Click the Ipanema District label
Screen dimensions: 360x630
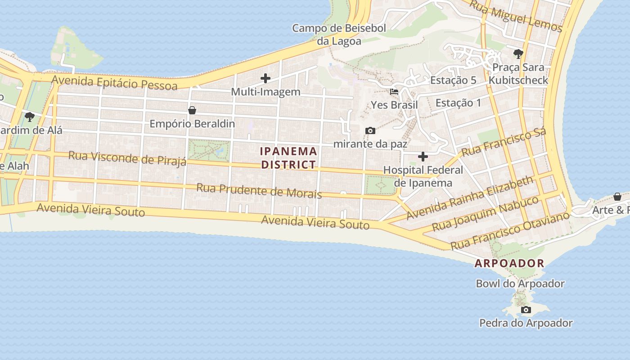pyautogui.click(x=288, y=158)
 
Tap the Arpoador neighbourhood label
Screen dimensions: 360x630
pyautogui.click(x=509, y=263)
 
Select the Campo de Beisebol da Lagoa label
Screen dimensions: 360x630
pyautogui.click(x=339, y=35)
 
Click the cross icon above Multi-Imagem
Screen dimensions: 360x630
pyautogui.click(x=265, y=78)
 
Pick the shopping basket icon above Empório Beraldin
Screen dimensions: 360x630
pyautogui.click(x=192, y=110)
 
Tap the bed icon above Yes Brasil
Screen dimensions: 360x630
pyautogui.click(x=394, y=92)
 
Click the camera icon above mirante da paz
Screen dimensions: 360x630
pyautogui.click(x=370, y=131)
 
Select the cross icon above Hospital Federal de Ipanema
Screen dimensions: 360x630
pyautogui.click(x=423, y=157)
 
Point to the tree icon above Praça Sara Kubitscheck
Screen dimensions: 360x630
pyautogui.click(x=518, y=54)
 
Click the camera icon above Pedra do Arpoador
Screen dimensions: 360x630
pyautogui.click(x=526, y=310)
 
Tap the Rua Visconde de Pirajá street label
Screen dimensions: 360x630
pyautogui.click(x=127, y=158)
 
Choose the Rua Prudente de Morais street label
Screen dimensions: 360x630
pyautogui.click(x=259, y=191)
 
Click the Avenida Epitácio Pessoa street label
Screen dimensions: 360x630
pyautogui.click(x=114, y=83)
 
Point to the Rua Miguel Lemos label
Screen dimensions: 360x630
pyautogui.click(x=516, y=16)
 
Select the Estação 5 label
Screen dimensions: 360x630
pyautogui.click(x=453, y=80)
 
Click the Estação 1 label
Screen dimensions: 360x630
pyautogui.click(x=458, y=103)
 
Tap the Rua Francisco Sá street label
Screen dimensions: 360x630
pyautogui.click(x=504, y=142)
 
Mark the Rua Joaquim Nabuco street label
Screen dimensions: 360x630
pyautogui.click(x=485, y=213)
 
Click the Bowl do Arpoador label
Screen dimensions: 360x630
pyautogui.click(x=520, y=283)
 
